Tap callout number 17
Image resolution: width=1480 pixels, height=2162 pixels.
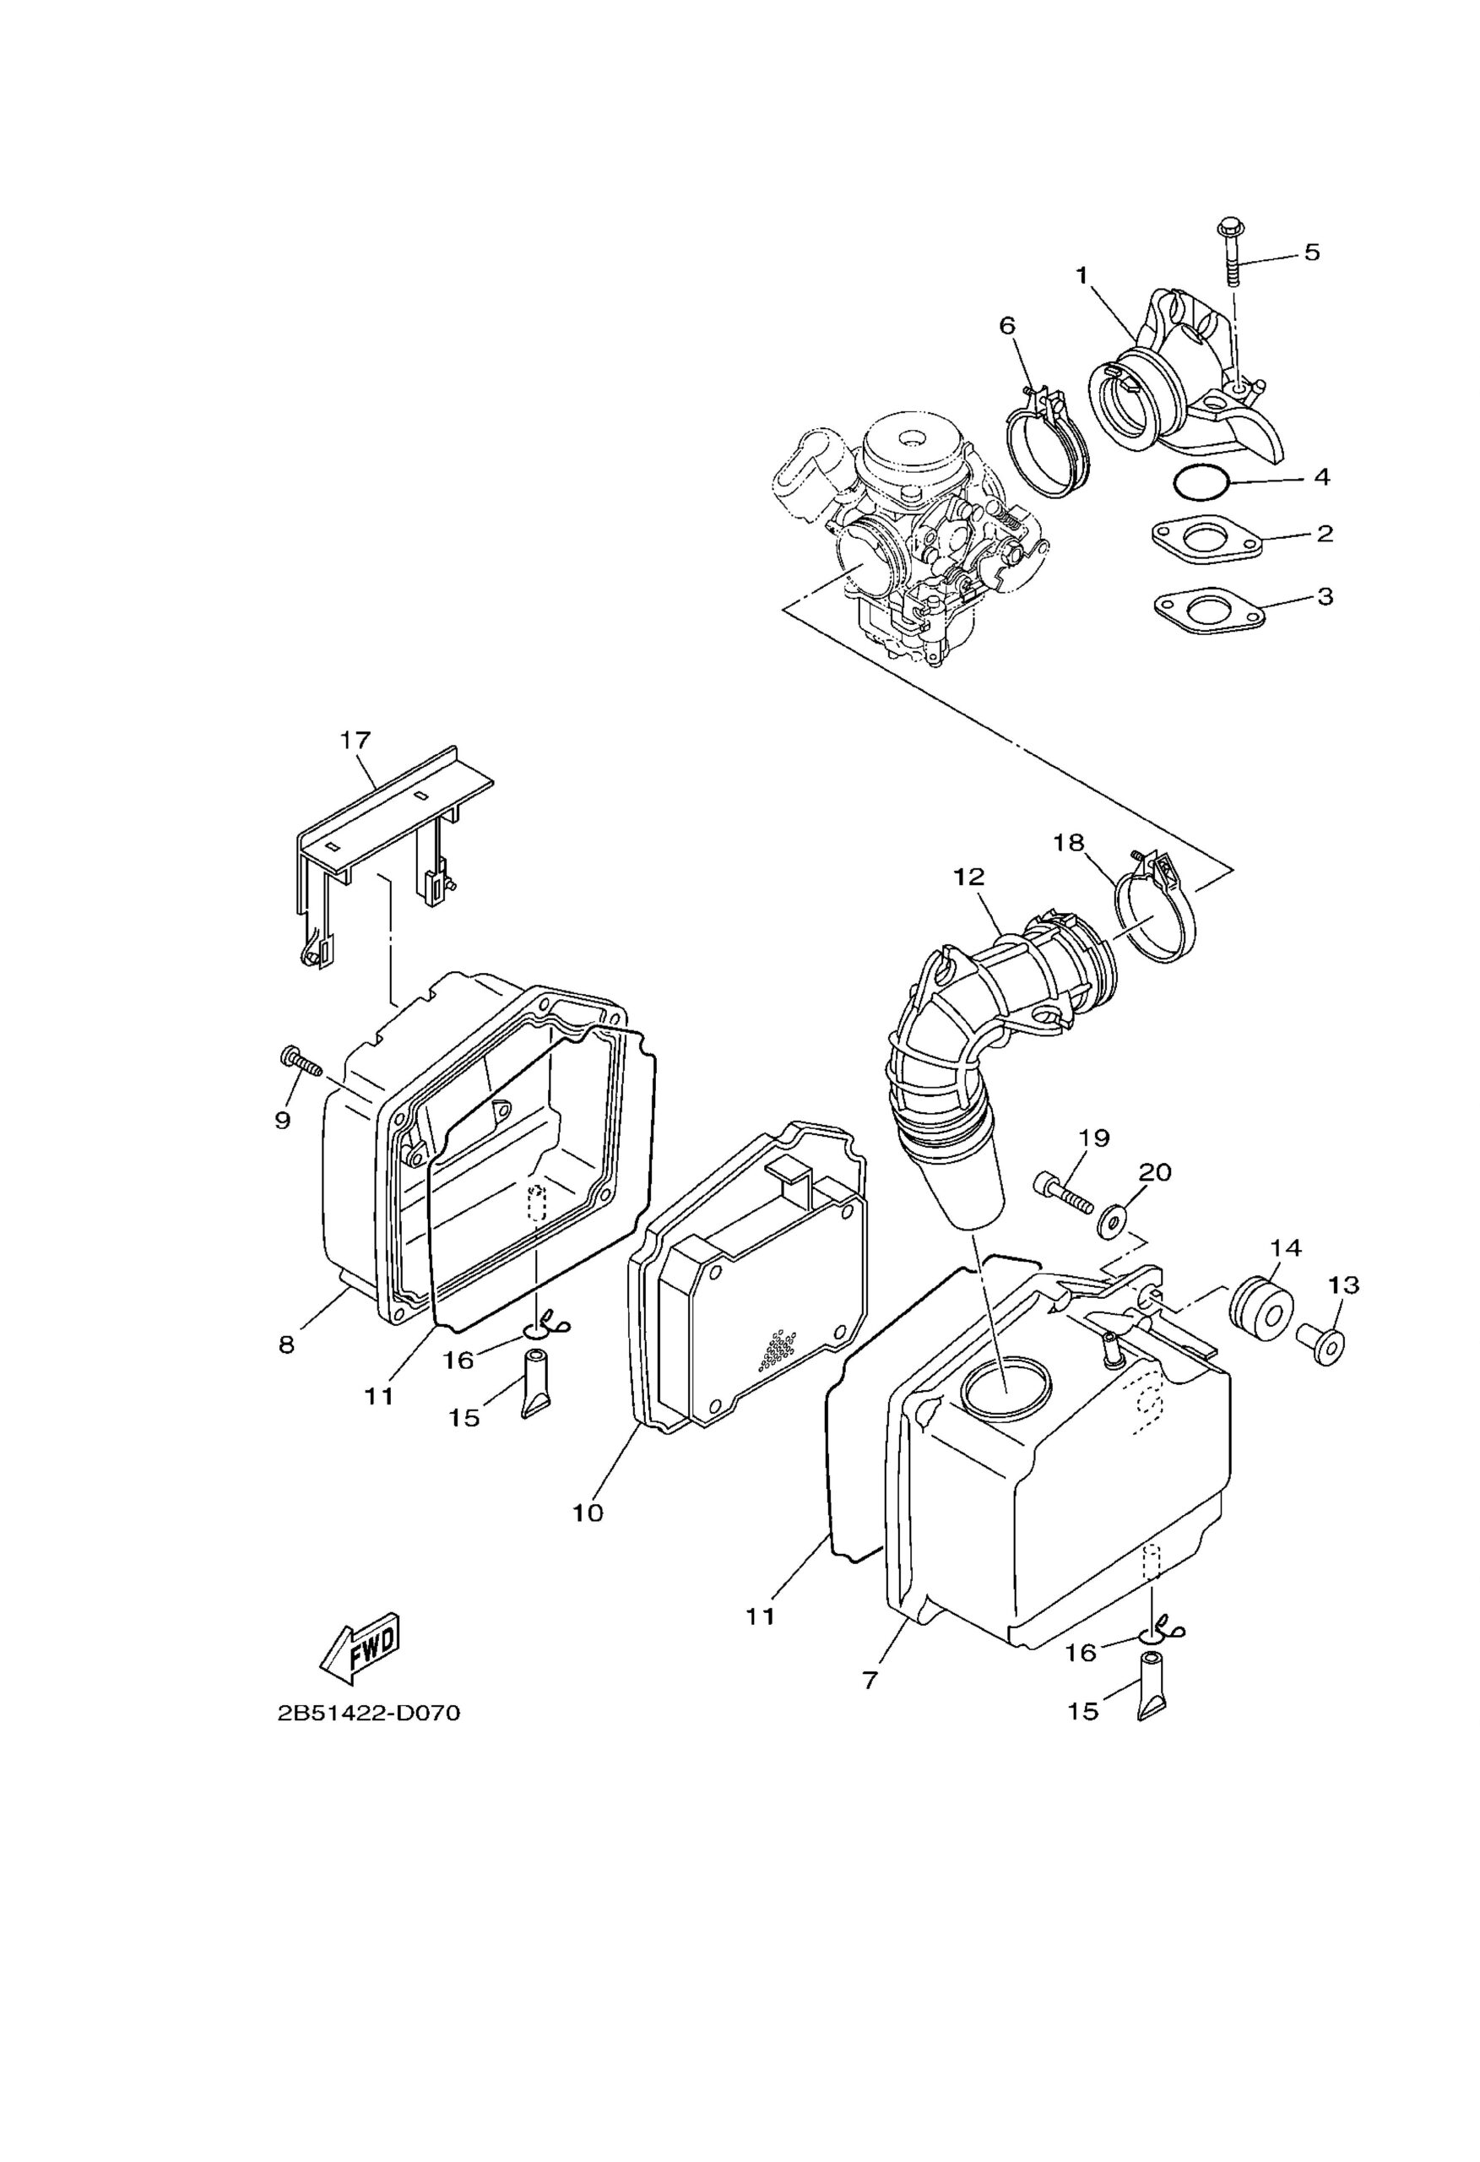(x=355, y=740)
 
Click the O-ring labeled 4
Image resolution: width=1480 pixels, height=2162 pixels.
(x=1201, y=481)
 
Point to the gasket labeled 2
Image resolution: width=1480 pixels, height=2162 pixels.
(x=1206, y=539)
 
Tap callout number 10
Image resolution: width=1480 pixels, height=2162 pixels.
(x=588, y=1513)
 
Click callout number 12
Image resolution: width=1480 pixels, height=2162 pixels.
(x=968, y=877)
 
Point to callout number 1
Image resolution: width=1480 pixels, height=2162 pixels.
(x=1082, y=275)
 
